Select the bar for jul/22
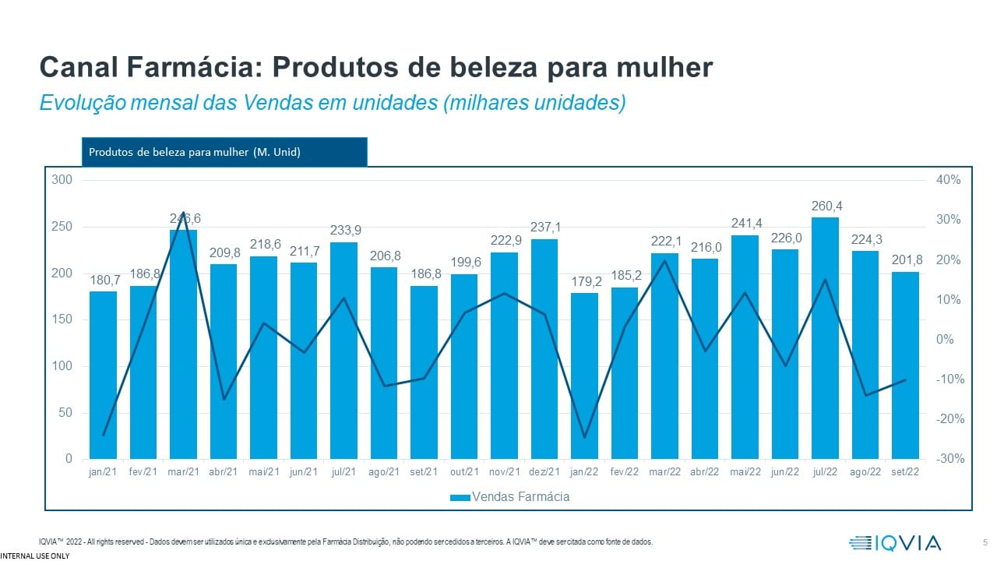tap(825, 338)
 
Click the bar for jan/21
tap(103, 375)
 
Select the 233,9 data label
tap(343, 231)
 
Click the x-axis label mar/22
tap(664, 472)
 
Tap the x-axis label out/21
tap(464, 472)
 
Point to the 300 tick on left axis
tap(62, 180)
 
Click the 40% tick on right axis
tap(948, 180)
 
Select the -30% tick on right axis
tap(947, 459)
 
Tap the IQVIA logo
tap(896, 542)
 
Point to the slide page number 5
tap(985, 542)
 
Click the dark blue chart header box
tap(224, 152)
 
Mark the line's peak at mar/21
tap(183, 212)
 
